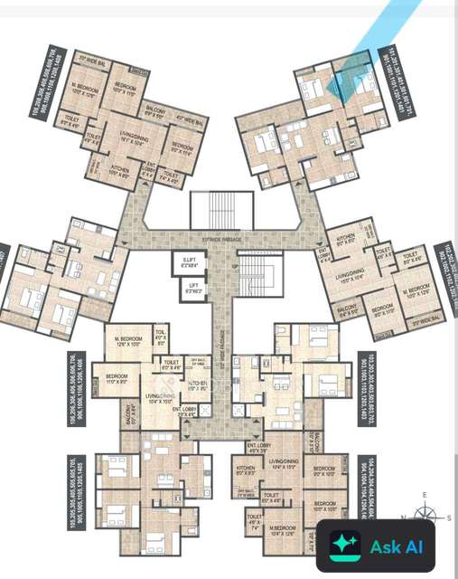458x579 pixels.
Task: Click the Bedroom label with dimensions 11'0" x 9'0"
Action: pyautogui.click(x=117, y=379)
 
